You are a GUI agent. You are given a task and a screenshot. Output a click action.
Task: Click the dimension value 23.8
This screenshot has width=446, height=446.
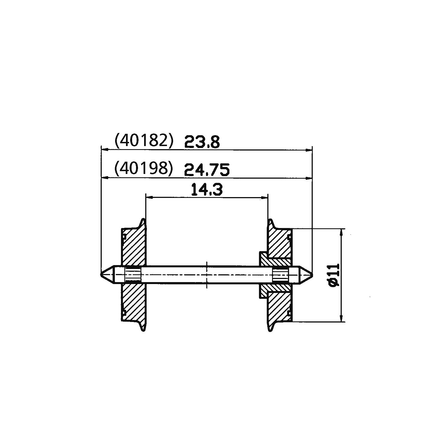pos(202,142)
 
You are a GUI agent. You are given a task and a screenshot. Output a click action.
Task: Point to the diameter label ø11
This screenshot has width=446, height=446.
pos(334,275)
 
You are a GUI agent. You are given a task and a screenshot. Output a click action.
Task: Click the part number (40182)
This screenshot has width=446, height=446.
pos(144,141)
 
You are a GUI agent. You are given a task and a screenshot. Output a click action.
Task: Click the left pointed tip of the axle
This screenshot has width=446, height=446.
pos(101,274)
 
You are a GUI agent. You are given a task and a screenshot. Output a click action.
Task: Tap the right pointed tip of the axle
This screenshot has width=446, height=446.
pos(313,274)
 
